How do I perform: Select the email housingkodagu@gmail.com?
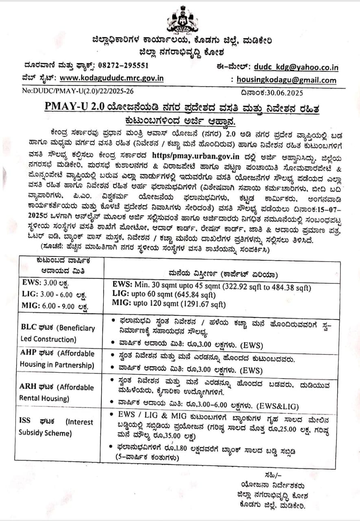pos(286,80)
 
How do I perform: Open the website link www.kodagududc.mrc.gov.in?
pos(111,78)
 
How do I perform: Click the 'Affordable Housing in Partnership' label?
pos(57,359)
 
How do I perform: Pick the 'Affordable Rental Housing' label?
pos(57,393)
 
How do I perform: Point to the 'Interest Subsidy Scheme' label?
pos(56,427)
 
